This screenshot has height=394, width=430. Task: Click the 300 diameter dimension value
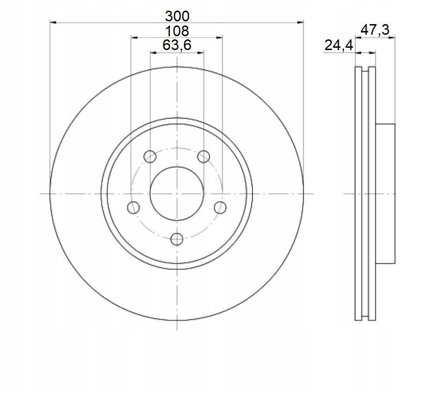click(x=177, y=17)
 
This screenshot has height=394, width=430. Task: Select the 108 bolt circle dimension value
click(x=177, y=31)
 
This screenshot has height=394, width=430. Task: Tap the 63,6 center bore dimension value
click(x=177, y=45)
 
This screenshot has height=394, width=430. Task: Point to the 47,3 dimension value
click(x=374, y=30)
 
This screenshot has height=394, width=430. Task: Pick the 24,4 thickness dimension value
click(x=338, y=45)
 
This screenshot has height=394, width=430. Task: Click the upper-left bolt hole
click(x=150, y=157)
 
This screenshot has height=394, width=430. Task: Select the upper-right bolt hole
click(x=204, y=157)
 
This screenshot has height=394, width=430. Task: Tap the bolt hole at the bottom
click(x=177, y=239)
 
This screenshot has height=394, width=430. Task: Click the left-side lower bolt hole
click(x=134, y=207)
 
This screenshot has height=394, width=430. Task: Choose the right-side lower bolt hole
click(x=220, y=207)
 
